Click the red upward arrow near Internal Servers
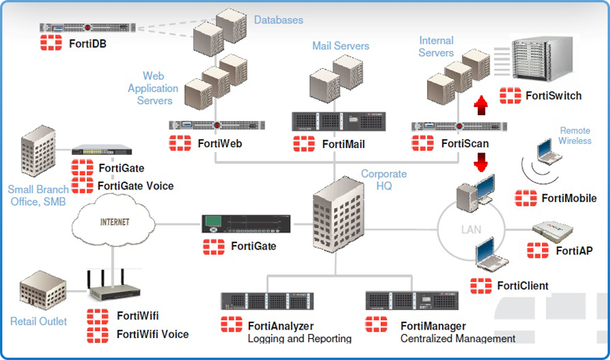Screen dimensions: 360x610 click(x=482, y=105)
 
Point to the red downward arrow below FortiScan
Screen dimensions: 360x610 click(x=482, y=161)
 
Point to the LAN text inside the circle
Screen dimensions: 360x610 click(x=471, y=230)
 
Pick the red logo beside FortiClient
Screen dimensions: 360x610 click(x=481, y=286)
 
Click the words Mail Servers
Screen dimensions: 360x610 click(x=340, y=46)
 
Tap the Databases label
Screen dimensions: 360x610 click(x=278, y=19)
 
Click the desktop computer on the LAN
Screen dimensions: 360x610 click(x=477, y=191)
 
